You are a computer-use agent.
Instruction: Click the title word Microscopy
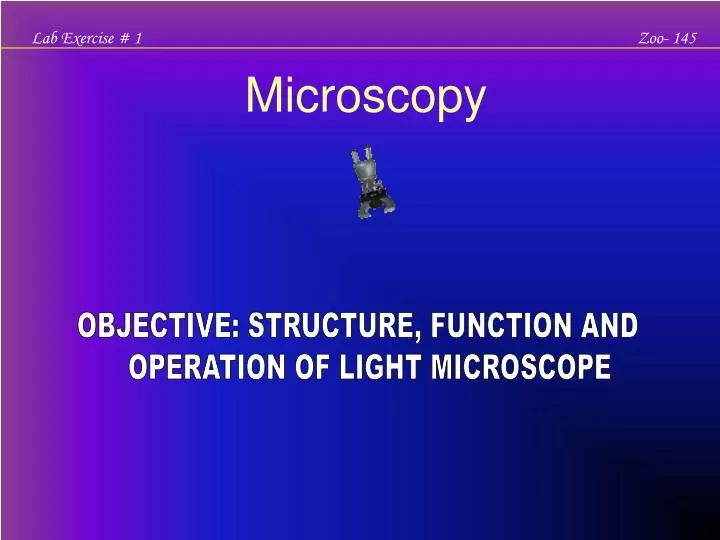365,98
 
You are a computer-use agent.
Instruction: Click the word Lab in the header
44,38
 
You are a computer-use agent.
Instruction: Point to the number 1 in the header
138,38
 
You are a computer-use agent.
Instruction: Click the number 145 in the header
686,38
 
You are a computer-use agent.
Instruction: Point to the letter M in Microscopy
264,97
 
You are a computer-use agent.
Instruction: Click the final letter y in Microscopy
473,103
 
